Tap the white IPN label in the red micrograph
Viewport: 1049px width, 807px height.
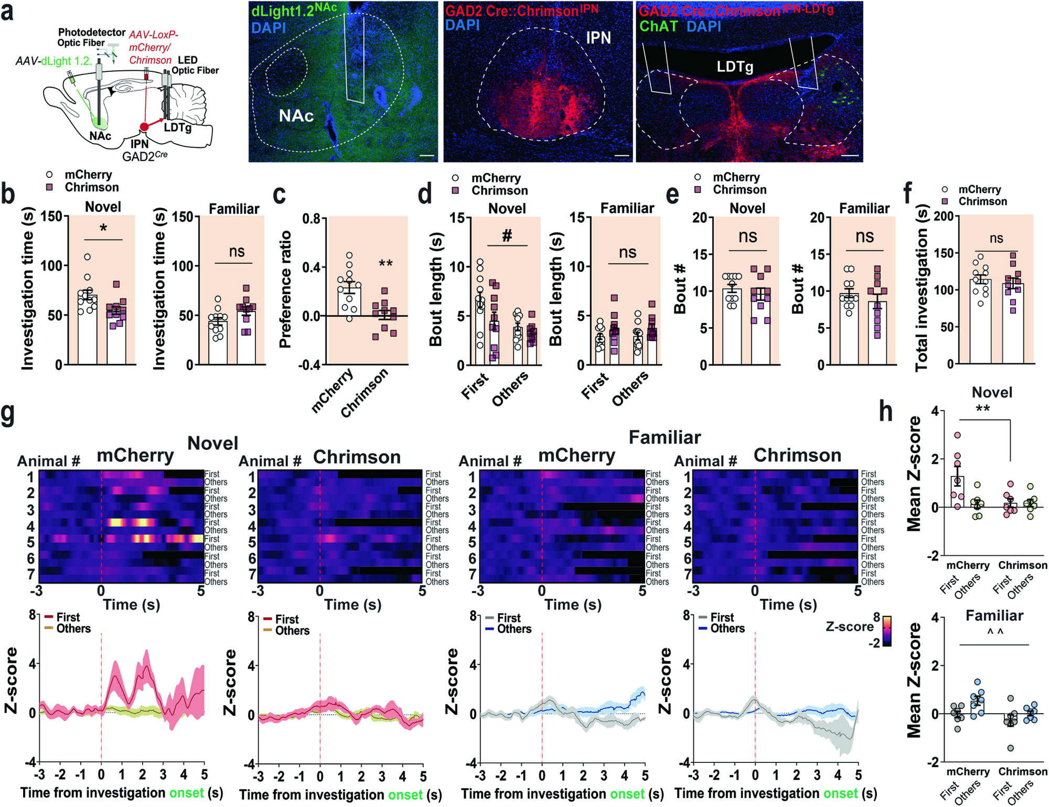pyautogui.click(x=598, y=38)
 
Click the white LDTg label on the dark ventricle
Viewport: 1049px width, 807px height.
pyautogui.click(x=735, y=67)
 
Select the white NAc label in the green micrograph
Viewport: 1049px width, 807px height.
pyautogui.click(x=296, y=115)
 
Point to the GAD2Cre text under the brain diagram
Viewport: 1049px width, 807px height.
pyautogui.click(x=145, y=156)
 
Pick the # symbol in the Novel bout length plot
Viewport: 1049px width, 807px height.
pyautogui.click(x=507, y=236)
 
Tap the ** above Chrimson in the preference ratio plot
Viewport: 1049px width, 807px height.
pyautogui.click(x=386, y=264)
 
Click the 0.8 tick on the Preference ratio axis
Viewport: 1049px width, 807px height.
pyautogui.click(x=312, y=218)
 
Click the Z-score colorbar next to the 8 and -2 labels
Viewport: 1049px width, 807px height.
pyautogui.click(x=887, y=631)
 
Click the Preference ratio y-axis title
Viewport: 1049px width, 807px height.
pyautogui.click(x=285, y=290)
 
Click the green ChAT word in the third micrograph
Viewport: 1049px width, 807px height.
pyautogui.click(x=658, y=26)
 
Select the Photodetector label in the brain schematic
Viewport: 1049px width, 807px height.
pyautogui.click(x=91, y=33)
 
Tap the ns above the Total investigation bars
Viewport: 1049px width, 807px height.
pyautogui.click(x=996, y=239)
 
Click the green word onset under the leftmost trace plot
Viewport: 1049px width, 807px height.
pyautogui.click(x=186, y=792)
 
